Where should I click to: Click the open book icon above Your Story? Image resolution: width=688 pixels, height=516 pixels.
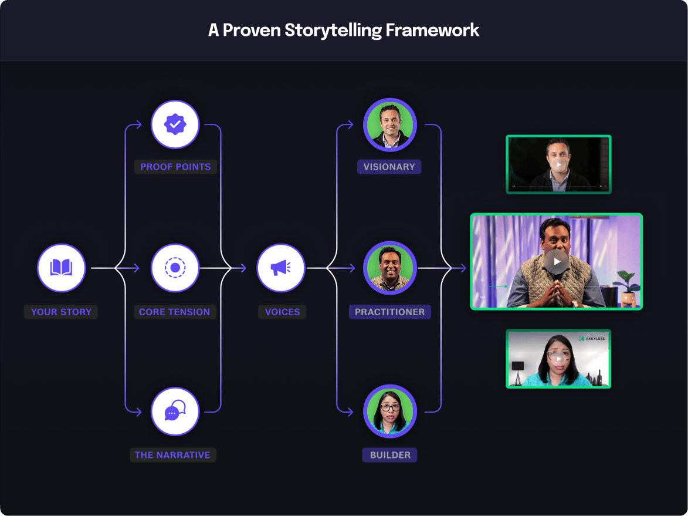[62, 268]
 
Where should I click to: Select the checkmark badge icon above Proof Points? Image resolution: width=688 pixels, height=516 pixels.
[175, 124]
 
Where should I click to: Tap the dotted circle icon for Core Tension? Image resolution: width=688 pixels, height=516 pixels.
[175, 268]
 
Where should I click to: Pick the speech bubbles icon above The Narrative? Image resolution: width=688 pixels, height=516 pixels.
[175, 412]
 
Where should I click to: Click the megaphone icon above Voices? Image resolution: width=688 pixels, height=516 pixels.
[280, 268]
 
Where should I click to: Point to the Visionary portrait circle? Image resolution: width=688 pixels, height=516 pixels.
[389, 124]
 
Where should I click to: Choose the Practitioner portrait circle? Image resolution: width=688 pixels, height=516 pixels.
[389, 268]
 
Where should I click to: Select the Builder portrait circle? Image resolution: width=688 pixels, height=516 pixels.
[389, 412]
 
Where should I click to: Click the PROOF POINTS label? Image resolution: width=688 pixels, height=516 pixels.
[175, 167]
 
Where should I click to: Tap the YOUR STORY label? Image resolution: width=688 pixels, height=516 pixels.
[61, 312]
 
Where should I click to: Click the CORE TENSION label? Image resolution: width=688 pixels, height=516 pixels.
[174, 312]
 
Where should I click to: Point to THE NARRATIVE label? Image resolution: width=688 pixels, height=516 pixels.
[172, 455]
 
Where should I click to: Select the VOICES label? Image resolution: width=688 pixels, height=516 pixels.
[282, 312]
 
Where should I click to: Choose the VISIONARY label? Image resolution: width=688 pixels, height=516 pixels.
[389, 167]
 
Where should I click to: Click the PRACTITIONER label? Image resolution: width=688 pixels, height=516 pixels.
[389, 312]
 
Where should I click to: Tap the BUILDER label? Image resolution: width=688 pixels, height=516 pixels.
[390, 455]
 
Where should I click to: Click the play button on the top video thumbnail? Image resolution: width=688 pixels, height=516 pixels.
[559, 165]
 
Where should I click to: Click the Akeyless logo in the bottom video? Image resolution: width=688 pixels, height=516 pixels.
[591, 339]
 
